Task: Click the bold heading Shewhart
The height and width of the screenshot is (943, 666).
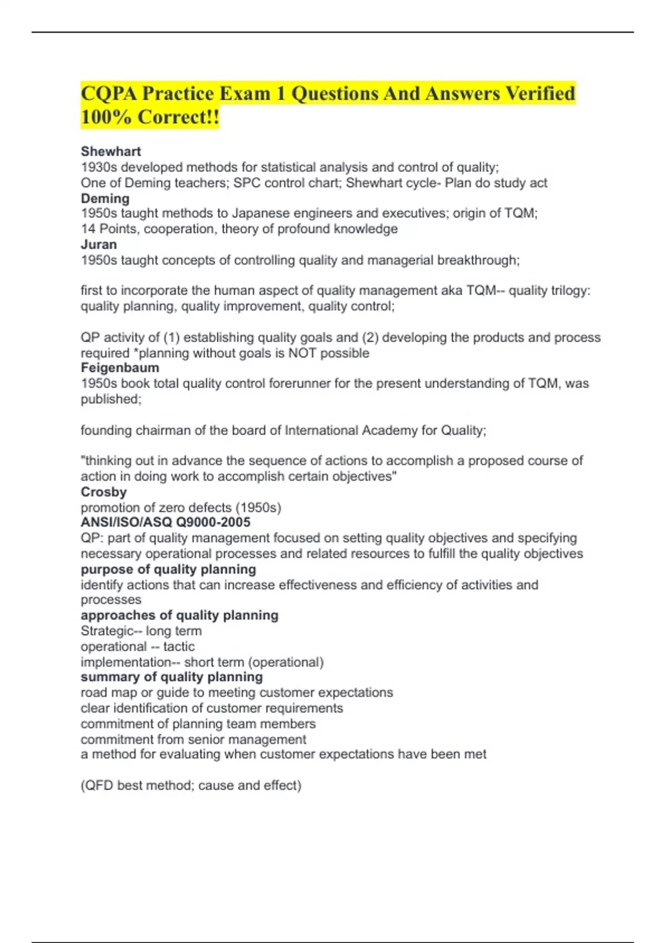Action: coord(110,151)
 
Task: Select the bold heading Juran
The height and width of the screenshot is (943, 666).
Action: coord(99,245)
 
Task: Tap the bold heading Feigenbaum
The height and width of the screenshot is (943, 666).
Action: coord(120,368)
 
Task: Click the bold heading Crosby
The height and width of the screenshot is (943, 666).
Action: coord(104,492)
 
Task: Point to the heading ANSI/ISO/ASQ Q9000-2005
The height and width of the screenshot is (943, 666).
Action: coord(165,523)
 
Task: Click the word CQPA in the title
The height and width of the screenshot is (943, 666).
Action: coord(108,93)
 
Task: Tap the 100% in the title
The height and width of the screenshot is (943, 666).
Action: coord(106,117)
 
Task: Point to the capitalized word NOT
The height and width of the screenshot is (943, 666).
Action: coord(302,353)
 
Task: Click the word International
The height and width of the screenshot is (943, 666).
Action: coord(321,430)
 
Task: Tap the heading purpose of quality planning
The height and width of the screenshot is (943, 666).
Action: coord(168,570)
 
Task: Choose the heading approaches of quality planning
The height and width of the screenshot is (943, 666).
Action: coord(179,615)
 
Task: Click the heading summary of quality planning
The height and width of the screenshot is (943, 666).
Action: coord(171,677)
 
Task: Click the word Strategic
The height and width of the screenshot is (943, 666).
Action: coord(107,631)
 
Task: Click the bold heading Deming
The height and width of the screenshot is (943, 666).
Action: coord(105,199)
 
